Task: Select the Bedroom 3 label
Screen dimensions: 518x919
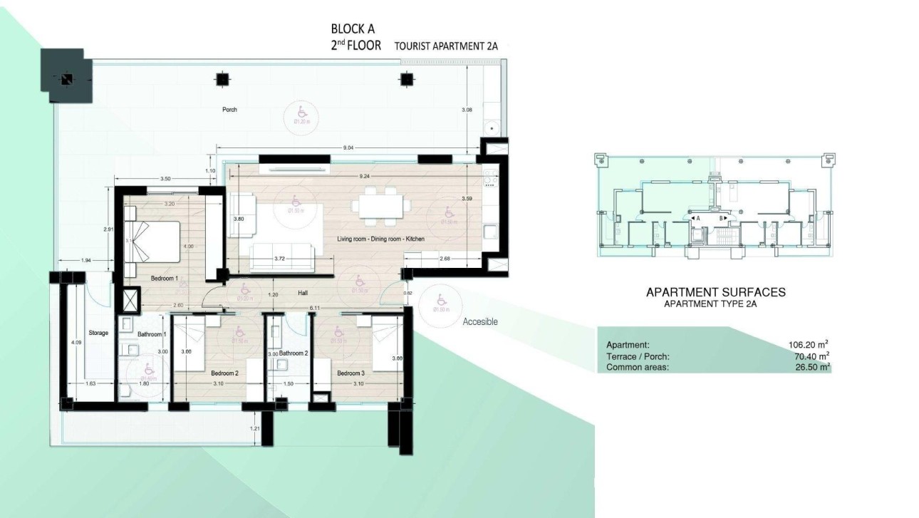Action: tap(351, 373)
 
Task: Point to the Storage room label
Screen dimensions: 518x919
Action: tap(98, 333)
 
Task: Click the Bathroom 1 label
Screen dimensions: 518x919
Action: tap(151, 334)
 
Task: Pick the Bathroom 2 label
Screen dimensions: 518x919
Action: tap(293, 353)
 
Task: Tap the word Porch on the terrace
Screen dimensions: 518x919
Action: tap(229, 110)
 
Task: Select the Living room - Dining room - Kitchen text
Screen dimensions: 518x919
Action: tap(380, 239)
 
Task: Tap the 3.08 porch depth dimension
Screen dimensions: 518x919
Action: tap(467, 110)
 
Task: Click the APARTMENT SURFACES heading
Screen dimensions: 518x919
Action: tap(715, 291)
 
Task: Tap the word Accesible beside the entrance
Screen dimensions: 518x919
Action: tap(480, 322)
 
